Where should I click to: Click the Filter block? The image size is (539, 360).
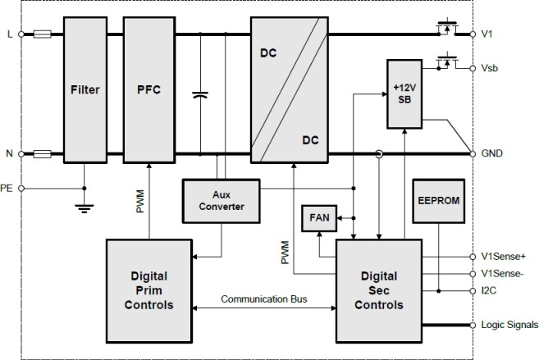pos(85,89)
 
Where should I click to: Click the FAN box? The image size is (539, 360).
pos(317,218)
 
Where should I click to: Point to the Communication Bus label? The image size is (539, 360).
pos(263,298)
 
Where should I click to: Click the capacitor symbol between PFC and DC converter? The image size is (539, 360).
pos(199,96)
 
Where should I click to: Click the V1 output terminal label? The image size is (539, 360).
pos(488,34)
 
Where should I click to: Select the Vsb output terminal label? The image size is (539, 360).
pos(491,69)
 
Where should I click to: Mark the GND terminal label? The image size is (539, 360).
pos(492,153)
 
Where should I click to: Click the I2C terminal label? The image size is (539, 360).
pos(489,289)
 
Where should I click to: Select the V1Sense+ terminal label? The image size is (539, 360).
pos(503,256)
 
